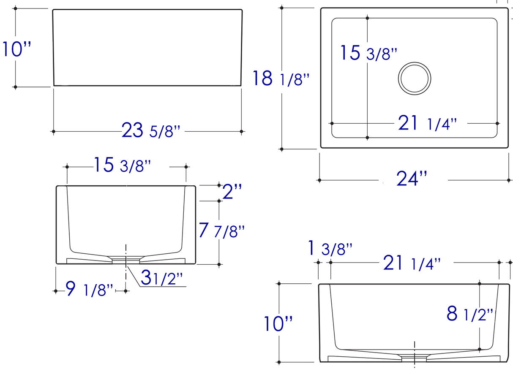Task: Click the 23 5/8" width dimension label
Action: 151,131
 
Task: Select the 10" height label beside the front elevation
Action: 17,49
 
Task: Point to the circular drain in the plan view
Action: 415,79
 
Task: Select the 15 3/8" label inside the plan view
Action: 369,54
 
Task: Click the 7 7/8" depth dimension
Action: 221,231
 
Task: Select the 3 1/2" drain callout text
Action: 162,278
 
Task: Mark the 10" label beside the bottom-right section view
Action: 278,324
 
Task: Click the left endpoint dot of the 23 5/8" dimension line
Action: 53,132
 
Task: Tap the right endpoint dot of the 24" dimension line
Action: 509,180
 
